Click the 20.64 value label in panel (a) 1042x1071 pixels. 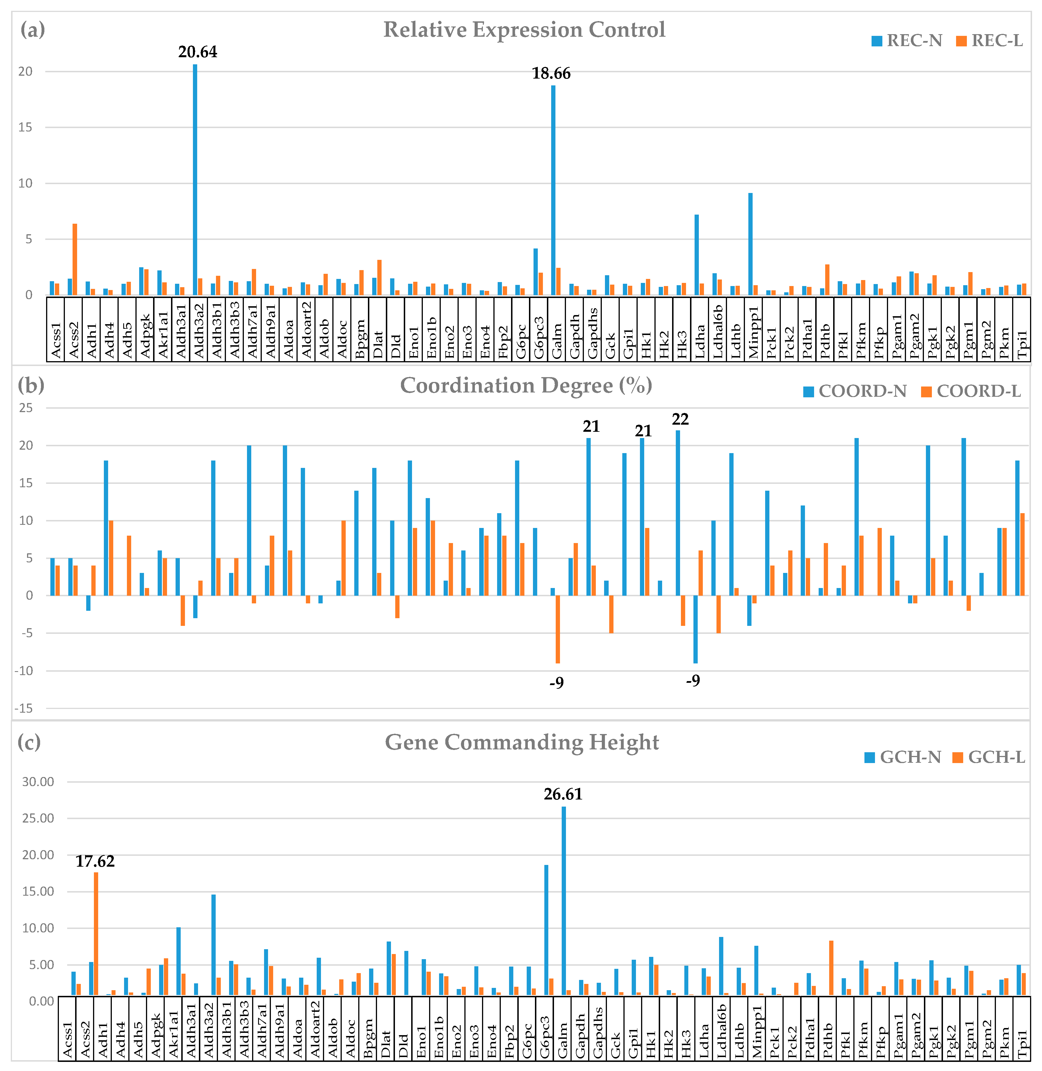click(x=197, y=52)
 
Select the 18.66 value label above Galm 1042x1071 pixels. click(x=551, y=73)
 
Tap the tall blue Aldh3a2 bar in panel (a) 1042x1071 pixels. click(x=195, y=181)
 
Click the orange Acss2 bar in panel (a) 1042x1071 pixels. click(x=75, y=260)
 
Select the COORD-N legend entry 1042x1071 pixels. click(x=855, y=391)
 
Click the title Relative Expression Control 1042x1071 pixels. click(x=524, y=30)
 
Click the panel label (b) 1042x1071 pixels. click(x=31, y=385)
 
